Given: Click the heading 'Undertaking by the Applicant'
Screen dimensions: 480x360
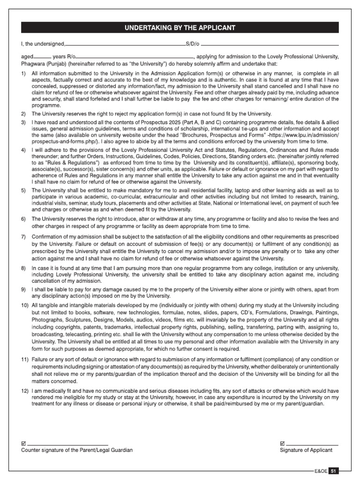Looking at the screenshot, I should pos(180,28).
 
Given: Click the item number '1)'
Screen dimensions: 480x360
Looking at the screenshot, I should pos(24,74).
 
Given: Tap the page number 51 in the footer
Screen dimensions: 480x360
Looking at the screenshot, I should pos(333,471).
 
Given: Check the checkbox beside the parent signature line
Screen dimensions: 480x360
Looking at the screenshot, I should pos(24,443).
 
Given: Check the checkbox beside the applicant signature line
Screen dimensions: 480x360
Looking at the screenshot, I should pos(282,443).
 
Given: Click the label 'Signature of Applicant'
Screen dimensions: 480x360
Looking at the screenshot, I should pos(306,450).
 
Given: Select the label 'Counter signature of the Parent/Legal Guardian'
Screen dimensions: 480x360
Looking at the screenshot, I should pos(77,450).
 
